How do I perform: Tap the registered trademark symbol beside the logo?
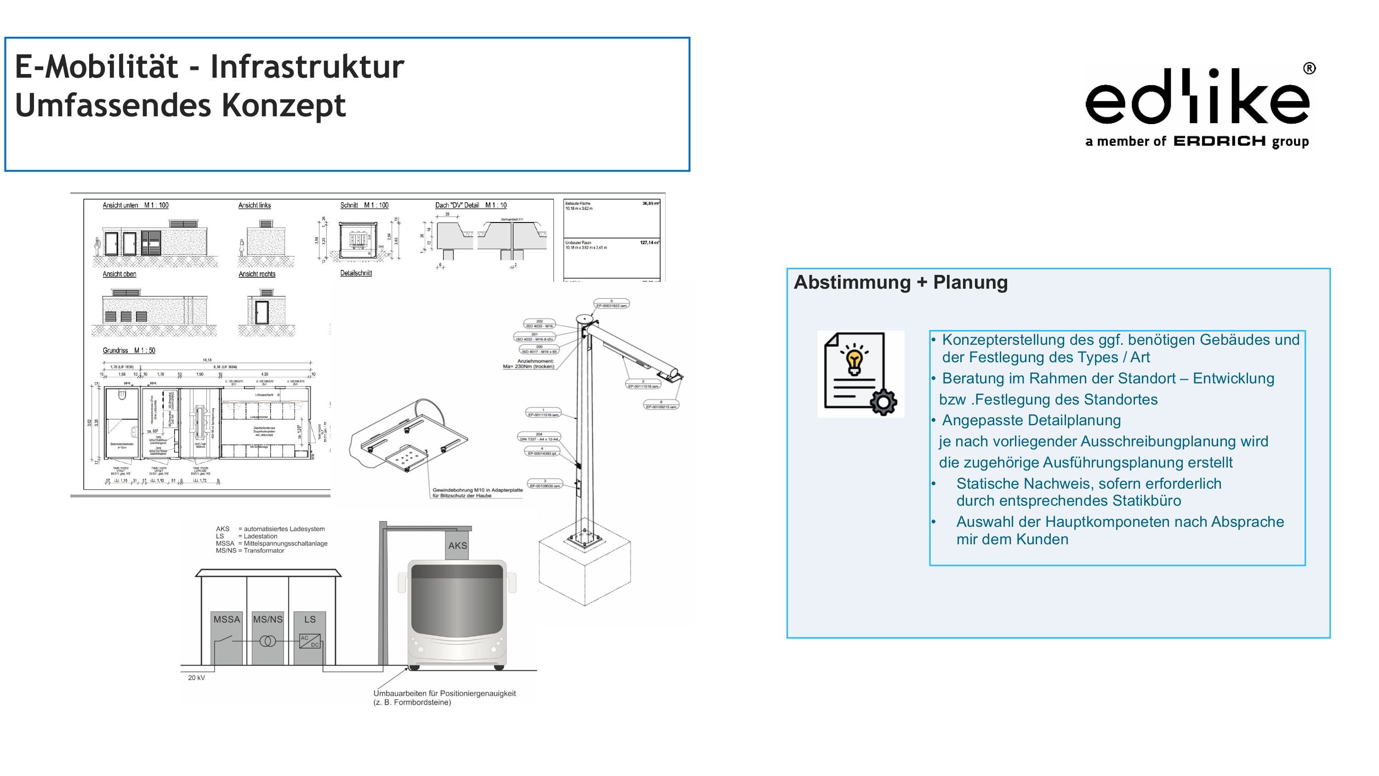pyautogui.click(x=1309, y=68)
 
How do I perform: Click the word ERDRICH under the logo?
pyautogui.click(x=1219, y=142)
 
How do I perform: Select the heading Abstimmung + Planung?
pyautogui.click(x=900, y=282)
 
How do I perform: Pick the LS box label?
pyautogui.click(x=310, y=620)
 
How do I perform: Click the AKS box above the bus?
pyautogui.click(x=457, y=546)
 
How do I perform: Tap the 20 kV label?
pyautogui.click(x=196, y=678)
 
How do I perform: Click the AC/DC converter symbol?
pyautogui.click(x=310, y=641)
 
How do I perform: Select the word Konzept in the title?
pyautogui.click(x=283, y=105)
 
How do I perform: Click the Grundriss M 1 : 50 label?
pyautogui.click(x=129, y=351)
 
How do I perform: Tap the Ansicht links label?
pyautogui.click(x=254, y=205)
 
